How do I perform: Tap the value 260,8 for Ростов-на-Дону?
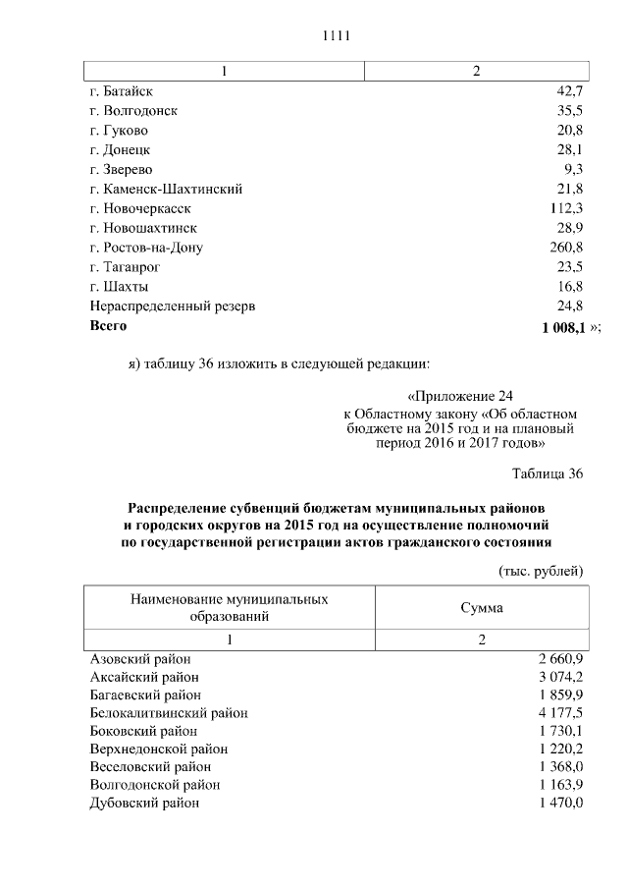565,247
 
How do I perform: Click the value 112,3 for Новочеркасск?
565,208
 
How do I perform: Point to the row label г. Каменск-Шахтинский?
166,189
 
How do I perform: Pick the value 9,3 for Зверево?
573,169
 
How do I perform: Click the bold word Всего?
108,324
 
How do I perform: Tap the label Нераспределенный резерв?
173,306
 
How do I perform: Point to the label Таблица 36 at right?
548,473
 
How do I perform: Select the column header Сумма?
481,608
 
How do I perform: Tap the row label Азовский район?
140,658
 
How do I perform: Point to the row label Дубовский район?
144,803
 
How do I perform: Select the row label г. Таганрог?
125,266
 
